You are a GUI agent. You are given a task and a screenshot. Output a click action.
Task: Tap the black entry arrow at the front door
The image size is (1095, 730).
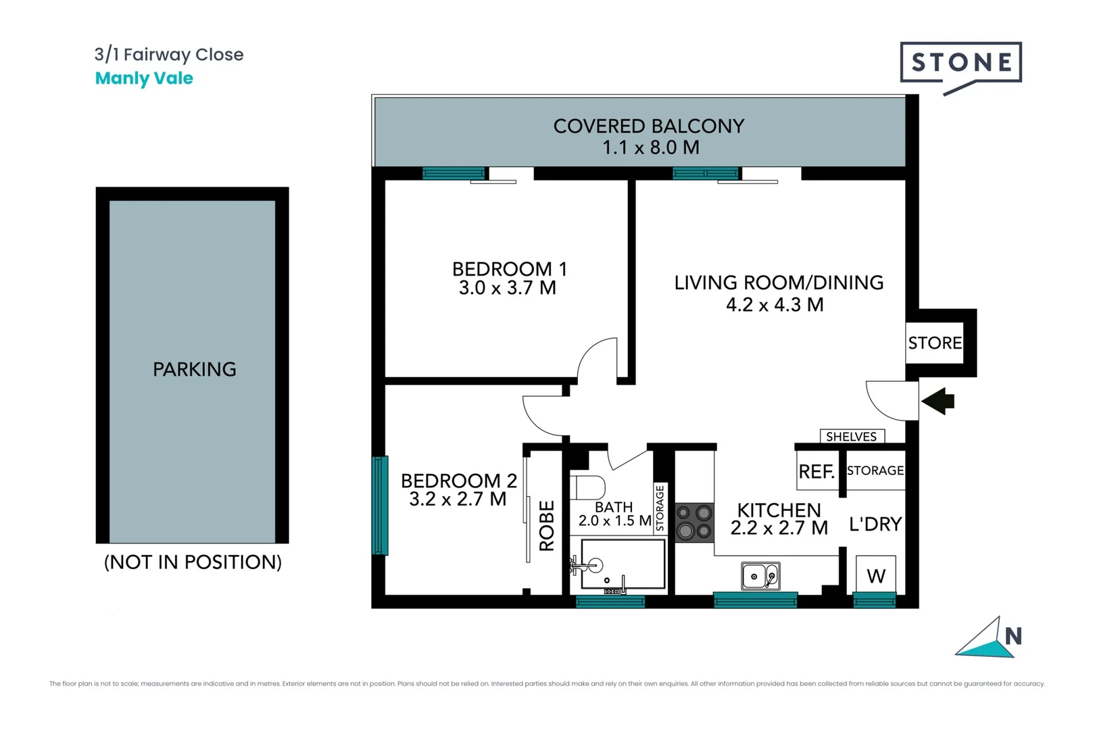tap(939, 401)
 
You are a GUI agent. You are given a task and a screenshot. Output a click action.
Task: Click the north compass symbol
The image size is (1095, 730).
tap(990, 639)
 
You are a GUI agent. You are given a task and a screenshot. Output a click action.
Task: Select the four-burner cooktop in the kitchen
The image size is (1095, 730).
tap(695, 522)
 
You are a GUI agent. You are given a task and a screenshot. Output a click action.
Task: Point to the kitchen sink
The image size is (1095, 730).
tap(761, 577)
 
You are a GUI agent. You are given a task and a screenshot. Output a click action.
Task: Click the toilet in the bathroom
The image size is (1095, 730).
tap(587, 487)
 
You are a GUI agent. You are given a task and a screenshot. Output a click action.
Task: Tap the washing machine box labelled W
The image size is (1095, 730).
tap(876, 575)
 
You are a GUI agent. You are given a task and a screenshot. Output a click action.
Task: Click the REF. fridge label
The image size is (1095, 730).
tap(817, 472)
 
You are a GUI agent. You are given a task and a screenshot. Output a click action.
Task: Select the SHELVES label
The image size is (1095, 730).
tap(851, 437)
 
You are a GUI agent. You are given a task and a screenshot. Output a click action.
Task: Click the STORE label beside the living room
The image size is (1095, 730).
tap(935, 343)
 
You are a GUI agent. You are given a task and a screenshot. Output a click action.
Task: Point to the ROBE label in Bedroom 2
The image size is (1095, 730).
tap(547, 525)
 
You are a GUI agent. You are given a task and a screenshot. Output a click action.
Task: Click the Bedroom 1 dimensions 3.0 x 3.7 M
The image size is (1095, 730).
tap(507, 288)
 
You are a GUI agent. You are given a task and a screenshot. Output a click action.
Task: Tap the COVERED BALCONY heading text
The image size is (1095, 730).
tap(648, 126)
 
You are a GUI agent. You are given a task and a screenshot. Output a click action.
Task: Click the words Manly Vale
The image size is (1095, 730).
tap(144, 78)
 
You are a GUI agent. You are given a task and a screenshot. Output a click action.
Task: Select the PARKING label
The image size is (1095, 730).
tap(195, 369)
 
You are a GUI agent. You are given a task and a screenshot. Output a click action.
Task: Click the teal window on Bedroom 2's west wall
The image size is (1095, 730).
tap(381, 506)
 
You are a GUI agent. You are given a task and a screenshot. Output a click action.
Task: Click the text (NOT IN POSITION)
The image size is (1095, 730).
tap(193, 562)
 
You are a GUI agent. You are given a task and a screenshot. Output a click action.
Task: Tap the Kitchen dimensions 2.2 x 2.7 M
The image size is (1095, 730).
tap(779, 528)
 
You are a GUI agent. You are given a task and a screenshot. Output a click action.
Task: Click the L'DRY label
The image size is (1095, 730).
tap(875, 524)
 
